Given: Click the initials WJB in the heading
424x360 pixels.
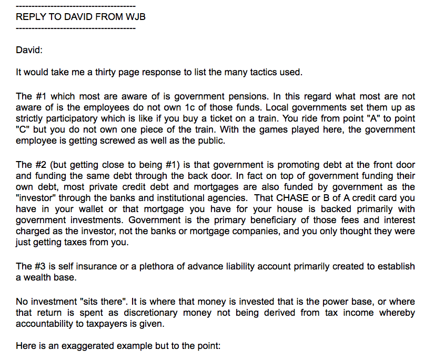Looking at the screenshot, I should click(135, 17).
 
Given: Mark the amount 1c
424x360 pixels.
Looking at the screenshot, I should click(203, 108).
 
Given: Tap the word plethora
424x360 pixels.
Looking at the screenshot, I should click(159, 266).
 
